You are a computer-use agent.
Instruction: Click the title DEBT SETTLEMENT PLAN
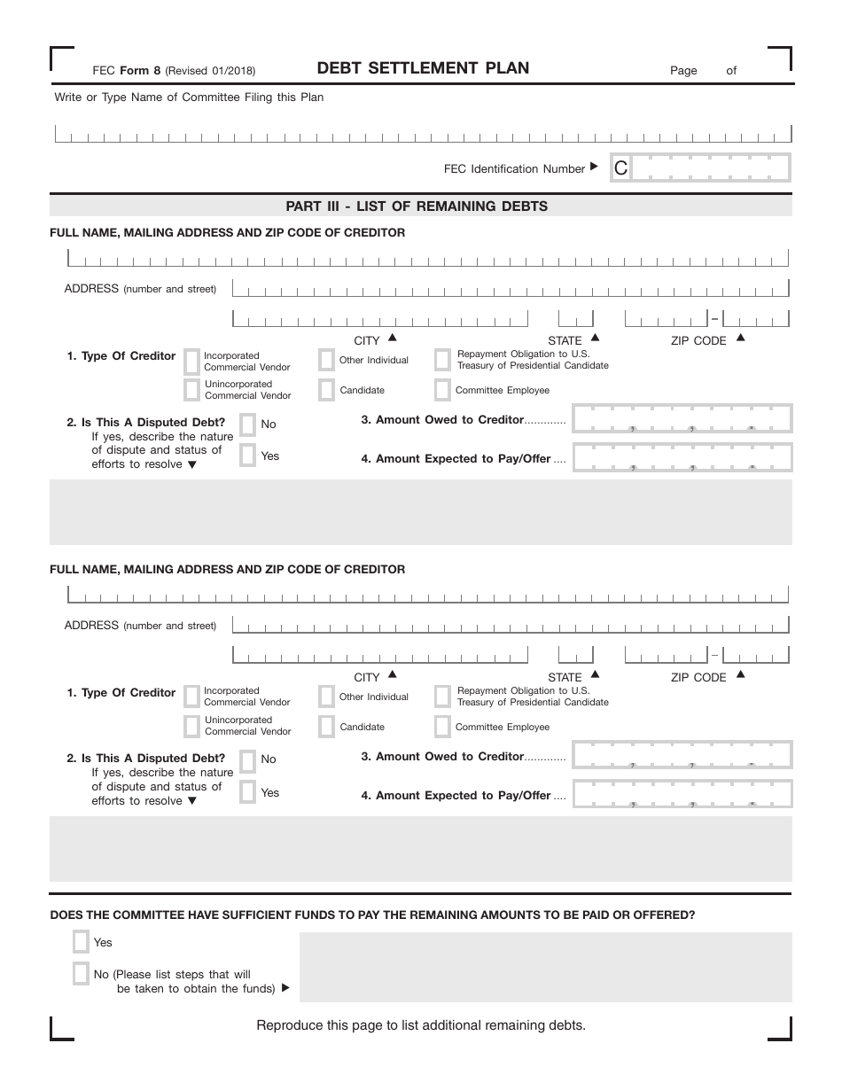pyautogui.click(x=423, y=68)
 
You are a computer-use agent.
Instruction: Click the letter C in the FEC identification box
pyautogui.click(x=620, y=168)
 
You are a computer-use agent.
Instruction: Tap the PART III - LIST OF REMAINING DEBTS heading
pyautogui.click(x=417, y=206)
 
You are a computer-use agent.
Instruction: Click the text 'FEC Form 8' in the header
pyautogui.click(x=126, y=71)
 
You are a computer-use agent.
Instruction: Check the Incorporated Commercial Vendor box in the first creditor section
pyautogui.click(x=191, y=361)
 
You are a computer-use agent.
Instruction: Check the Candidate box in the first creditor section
pyautogui.click(x=326, y=390)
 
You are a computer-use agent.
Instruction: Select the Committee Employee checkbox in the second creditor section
pyautogui.click(x=442, y=727)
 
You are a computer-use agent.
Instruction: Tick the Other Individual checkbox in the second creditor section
pyautogui.click(x=326, y=697)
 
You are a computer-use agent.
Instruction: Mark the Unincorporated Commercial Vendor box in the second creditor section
pyautogui.click(x=191, y=727)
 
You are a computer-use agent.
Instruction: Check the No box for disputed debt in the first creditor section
pyautogui.click(x=248, y=424)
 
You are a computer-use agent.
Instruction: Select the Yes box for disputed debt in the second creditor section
pyautogui.click(x=248, y=792)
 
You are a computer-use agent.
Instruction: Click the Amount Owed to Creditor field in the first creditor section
pyautogui.click(x=682, y=418)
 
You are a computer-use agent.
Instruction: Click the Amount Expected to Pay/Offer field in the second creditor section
pyautogui.click(x=682, y=794)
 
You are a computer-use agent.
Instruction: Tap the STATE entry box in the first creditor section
pyautogui.click(x=575, y=319)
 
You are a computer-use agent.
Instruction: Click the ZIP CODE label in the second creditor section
pyautogui.click(x=698, y=678)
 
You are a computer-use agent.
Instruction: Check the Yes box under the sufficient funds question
pyautogui.click(x=81, y=942)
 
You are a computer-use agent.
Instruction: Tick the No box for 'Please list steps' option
pyautogui.click(x=81, y=974)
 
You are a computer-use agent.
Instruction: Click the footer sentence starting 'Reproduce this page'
pyautogui.click(x=421, y=1025)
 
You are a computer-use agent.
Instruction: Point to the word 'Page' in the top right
pyautogui.click(x=683, y=71)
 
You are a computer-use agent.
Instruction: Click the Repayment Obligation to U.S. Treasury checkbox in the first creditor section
pyautogui.click(x=442, y=360)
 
